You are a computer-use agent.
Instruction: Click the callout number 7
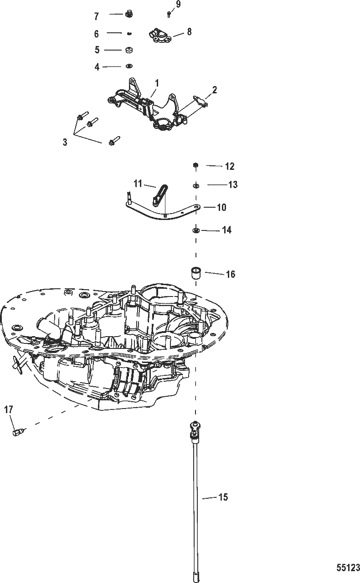click(96, 16)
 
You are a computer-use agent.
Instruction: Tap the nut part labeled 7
click(129, 15)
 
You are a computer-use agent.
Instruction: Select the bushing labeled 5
click(129, 49)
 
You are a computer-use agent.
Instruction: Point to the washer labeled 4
click(129, 66)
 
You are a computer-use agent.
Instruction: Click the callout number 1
click(157, 83)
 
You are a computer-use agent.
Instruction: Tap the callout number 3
click(65, 142)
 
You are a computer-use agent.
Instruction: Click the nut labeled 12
click(195, 165)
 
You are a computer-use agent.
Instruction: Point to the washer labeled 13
click(195, 185)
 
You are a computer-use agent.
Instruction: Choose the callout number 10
click(221, 207)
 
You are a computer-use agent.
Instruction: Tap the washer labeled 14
click(195, 230)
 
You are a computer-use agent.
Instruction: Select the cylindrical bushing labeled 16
click(195, 273)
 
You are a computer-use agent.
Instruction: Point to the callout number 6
click(96, 33)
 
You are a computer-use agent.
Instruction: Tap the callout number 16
click(231, 274)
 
